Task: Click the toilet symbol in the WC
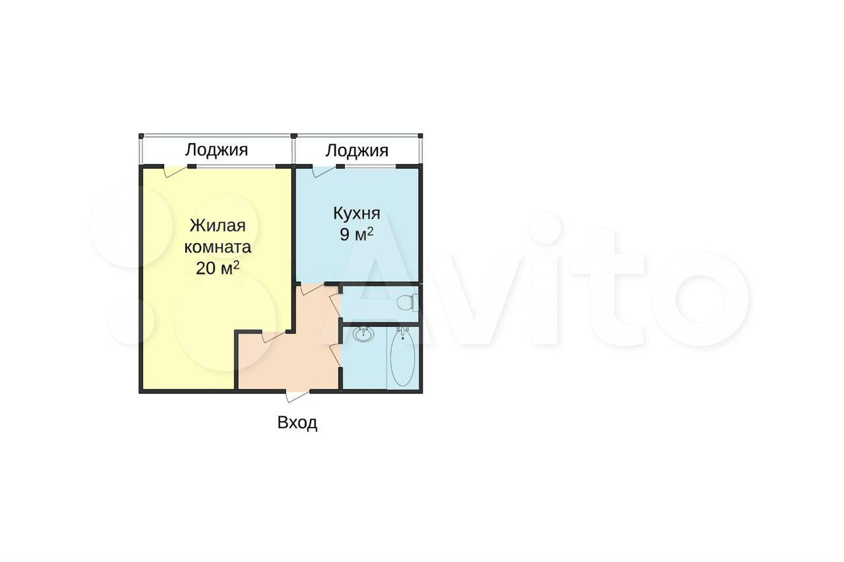pos(407,303)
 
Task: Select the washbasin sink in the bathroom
pos(363,334)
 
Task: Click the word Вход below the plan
pos(297,423)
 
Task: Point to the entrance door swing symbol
pos(297,397)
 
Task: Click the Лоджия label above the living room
pos(216,150)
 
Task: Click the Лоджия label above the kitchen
pos(357,151)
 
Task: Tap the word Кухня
pos(357,213)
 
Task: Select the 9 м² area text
pos(357,235)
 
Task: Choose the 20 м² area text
pos(218,268)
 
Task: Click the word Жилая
pos(218,225)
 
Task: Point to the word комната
pos(218,247)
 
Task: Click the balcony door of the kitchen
pos(324,171)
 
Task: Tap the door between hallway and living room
pos(274,337)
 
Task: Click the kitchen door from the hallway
pos(313,289)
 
